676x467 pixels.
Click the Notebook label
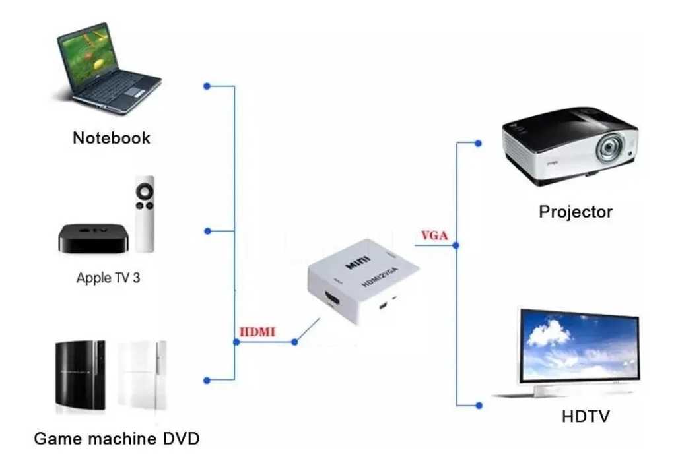[x=111, y=138]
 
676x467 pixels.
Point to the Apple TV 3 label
[x=108, y=277]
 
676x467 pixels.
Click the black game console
[x=80, y=374]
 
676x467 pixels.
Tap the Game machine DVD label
[x=116, y=438]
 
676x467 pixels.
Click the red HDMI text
[x=257, y=332]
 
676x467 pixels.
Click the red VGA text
[x=434, y=235]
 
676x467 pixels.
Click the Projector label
[x=576, y=212]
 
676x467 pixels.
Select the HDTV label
[x=586, y=417]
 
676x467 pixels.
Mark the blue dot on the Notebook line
[x=207, y=86]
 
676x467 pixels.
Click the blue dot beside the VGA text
[x=456, y=245]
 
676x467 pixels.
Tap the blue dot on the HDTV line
[x=478, y=406]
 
